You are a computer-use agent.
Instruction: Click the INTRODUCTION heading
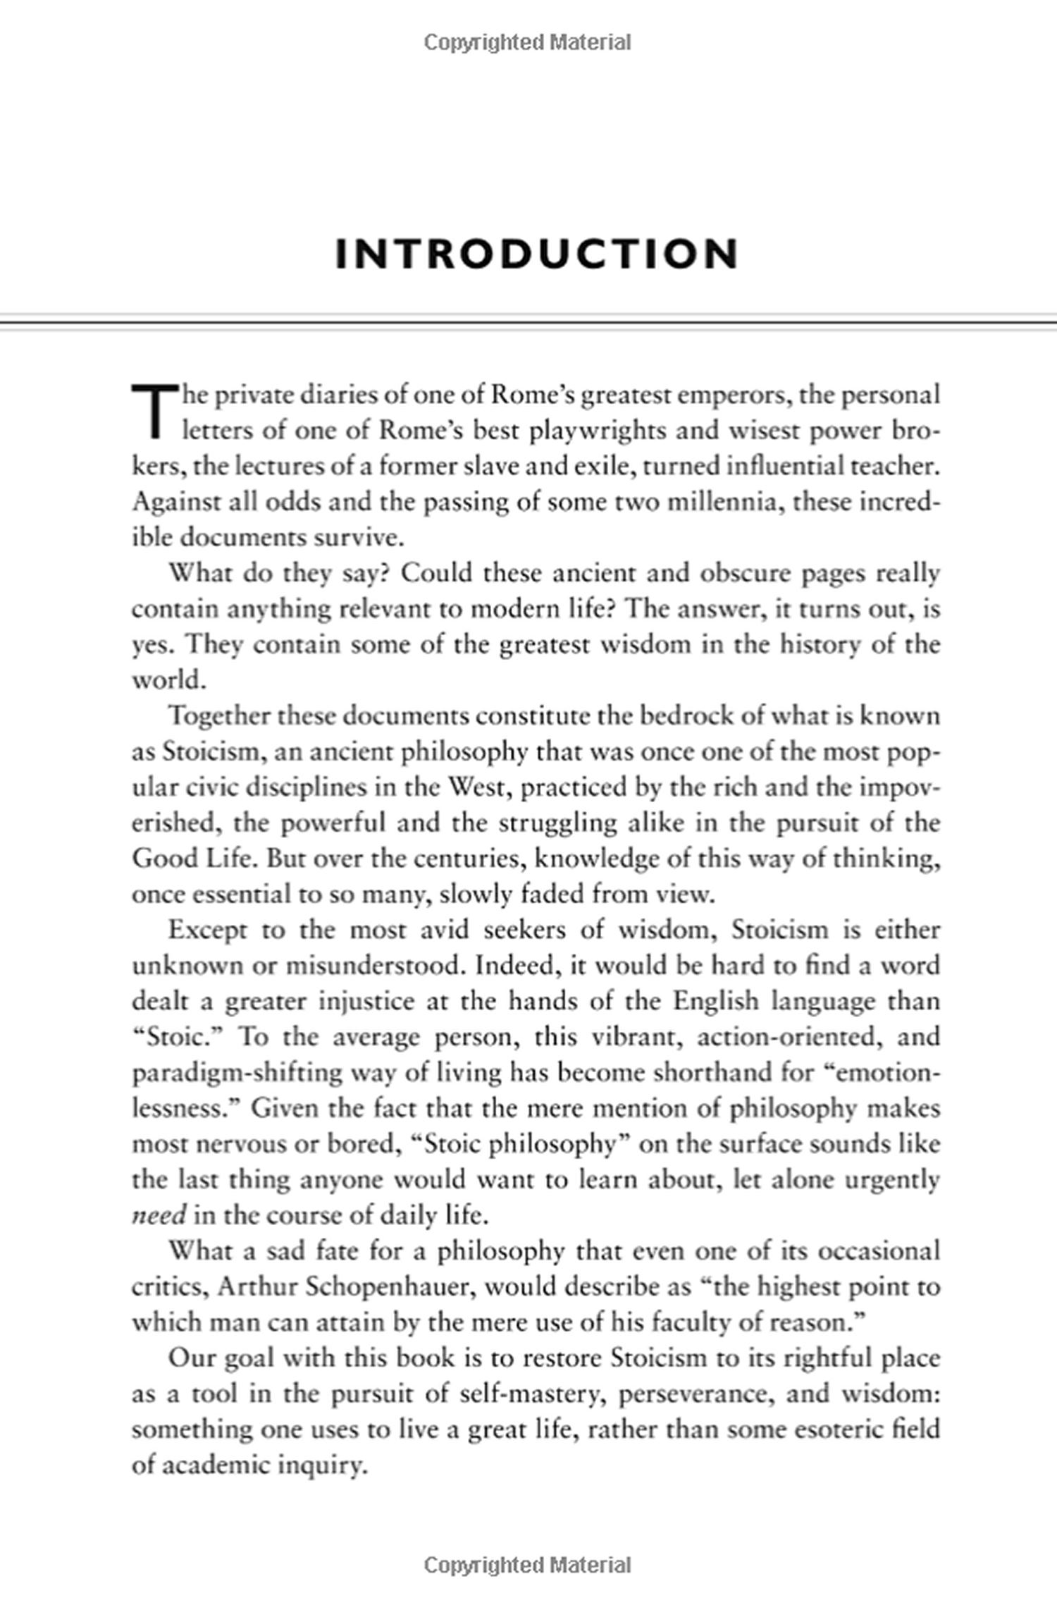[x=537, y=254]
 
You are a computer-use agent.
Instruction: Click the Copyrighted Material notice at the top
[x=528, y=43]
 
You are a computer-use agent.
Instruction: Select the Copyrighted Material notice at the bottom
[x=528, y=1566]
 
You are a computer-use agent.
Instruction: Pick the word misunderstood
[x=373, y=966]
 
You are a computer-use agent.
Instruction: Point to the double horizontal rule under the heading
[x=528, y=321]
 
